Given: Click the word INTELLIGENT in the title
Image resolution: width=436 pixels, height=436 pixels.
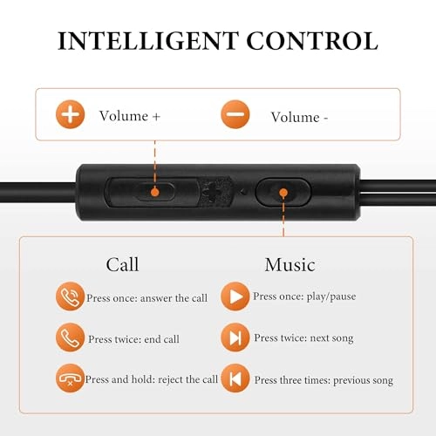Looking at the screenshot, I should click(144, 40).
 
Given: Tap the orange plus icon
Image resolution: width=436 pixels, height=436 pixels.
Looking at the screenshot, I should click(70, 115).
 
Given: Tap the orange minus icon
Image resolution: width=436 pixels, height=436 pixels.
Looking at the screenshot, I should click(235, 115).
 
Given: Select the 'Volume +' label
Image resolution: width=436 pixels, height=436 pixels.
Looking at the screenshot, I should click(130, 115).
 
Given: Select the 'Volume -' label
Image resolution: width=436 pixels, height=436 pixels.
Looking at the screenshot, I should click(299, 116).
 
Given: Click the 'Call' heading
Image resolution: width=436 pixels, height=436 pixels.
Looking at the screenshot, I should click(122, 263).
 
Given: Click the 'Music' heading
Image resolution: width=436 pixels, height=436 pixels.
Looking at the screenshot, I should click(290, 263).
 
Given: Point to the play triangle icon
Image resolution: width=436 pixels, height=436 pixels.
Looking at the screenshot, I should click(235, 296).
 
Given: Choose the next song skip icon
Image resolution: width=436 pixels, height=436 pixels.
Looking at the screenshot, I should click(235, 337).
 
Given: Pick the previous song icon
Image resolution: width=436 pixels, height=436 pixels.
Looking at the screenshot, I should click(235, 379).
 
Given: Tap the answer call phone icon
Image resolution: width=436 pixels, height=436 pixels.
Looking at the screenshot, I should click(70, 297).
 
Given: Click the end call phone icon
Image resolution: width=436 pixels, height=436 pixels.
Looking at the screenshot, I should click(70, 338).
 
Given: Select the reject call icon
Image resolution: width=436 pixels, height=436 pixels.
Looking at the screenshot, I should click(70, 379).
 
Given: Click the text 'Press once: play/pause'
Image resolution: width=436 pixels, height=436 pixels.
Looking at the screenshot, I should click(304, 296).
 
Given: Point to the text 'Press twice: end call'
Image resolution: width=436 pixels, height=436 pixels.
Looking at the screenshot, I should click(133, 338).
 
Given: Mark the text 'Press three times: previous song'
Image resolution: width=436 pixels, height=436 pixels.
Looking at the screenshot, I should click(324, 380).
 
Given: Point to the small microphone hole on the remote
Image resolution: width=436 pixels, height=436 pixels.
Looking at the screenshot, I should click(242, 189).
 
